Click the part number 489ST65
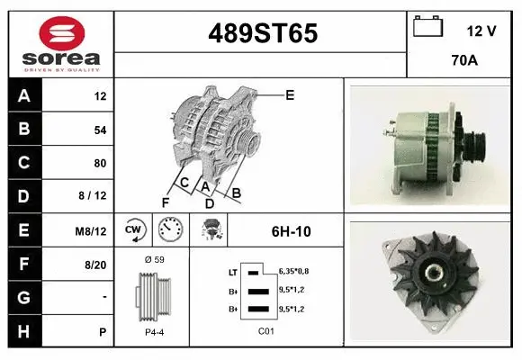click(x=263, y=33)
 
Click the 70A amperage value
click(x=464, y=60)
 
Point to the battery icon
click(x=427, y=27)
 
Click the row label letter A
click(x=23, y=96)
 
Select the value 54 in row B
click(x=100, y=130)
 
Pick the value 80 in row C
click(x=100, y=163)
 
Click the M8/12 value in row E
click(x=94, y=231)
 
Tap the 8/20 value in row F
click(x=96, y=264)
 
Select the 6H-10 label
click(x=291, y=231)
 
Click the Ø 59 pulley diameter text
click(x=154, y=259)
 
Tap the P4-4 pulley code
click(x=153, y=331)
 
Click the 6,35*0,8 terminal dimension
click(x=295, y=270)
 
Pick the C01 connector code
click(x=266, y=331)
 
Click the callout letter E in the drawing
click(x=290, y=94)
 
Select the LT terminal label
click(x=232, y=271)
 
